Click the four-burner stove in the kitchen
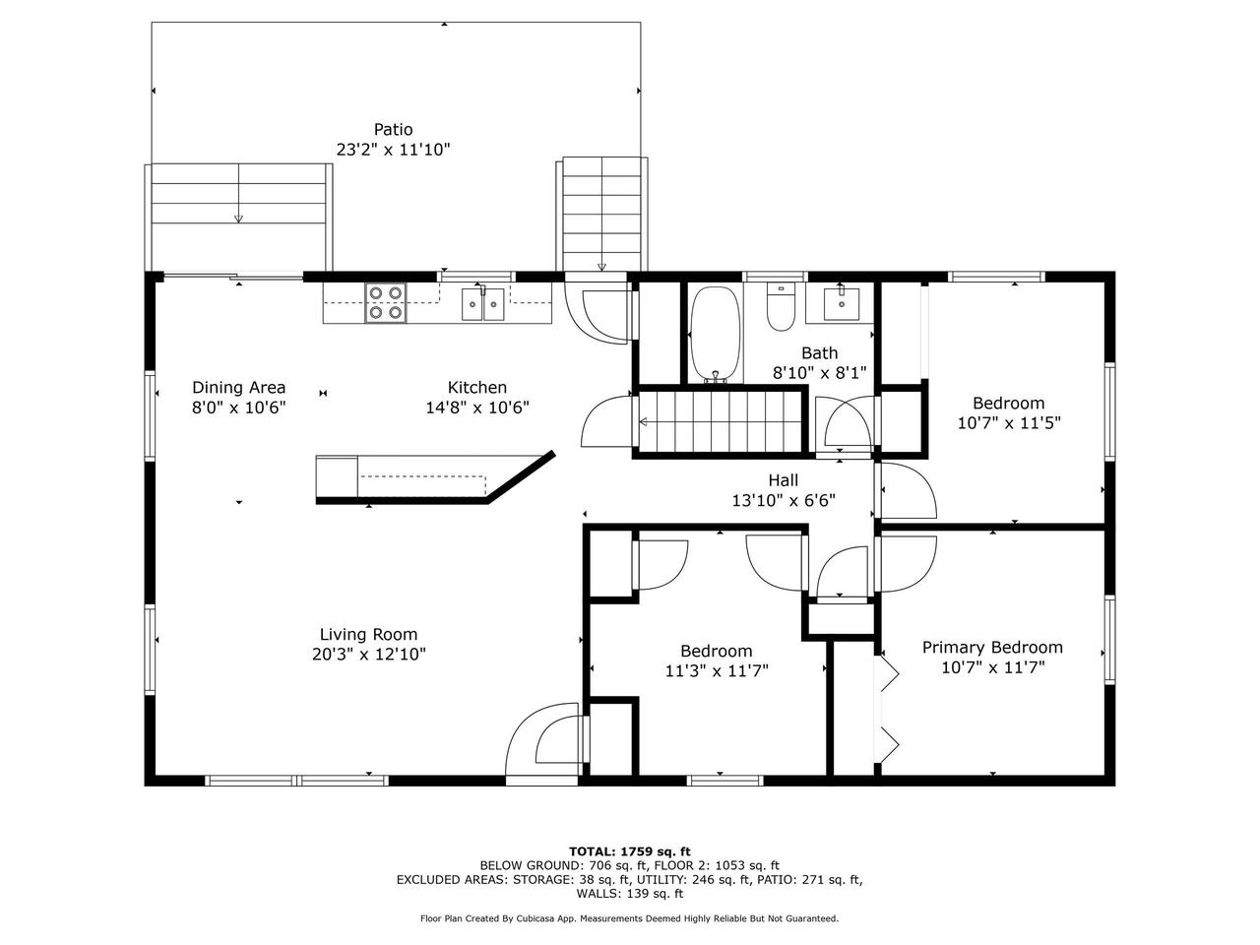point(385,302)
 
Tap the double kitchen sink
point(482,303)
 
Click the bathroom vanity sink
point(841,303)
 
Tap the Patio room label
point(393,129)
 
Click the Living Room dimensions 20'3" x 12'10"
point(369,654)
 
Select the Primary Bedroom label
point(992,647)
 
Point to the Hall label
point(783,479)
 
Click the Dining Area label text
point(239,387)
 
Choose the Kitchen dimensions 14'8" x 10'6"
point(477,408)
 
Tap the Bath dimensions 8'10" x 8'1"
point(819,373)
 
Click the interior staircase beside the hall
point(721,421)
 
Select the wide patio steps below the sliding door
point(238,217)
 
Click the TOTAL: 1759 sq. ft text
point(630,851)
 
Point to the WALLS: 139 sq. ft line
point(630,894)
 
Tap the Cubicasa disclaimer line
point(629,918)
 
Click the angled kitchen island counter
point(435,478)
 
